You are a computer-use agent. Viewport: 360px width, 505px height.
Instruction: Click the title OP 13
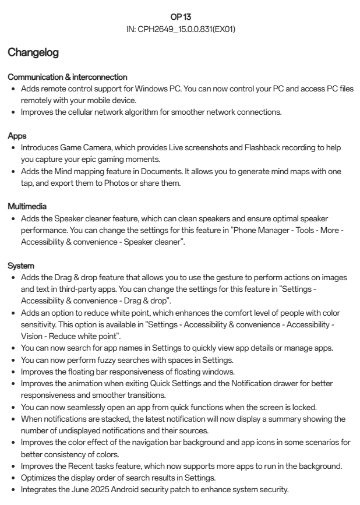click(x=180, y=17)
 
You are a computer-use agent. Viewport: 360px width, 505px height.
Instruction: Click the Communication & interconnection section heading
click(x=68, y=77)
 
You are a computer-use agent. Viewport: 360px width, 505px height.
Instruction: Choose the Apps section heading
click(x=16, y=135)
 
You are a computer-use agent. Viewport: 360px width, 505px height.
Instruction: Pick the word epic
click(x=103, y=159)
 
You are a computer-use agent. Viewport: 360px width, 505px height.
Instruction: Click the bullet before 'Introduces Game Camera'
click(x=13, y=147)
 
